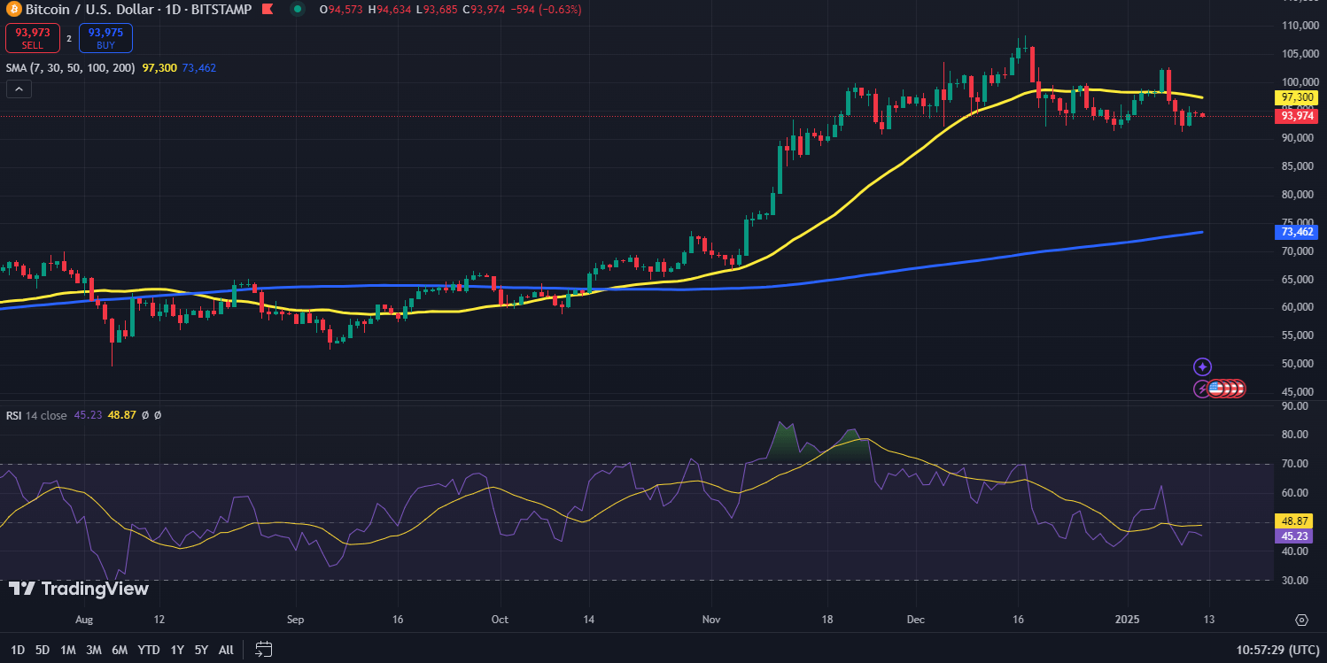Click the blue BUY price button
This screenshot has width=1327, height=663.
(x=105, y=38)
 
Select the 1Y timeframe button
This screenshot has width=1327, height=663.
(x=177, y=650)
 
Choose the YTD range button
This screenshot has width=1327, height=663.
(x=148, y=650)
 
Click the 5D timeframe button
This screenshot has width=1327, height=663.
(x=43, y=650)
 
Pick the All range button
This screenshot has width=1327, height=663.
(x=226, y=650)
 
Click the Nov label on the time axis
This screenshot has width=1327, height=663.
(x=710, y=620)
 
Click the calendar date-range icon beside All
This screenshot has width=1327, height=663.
(x=263, y=650)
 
